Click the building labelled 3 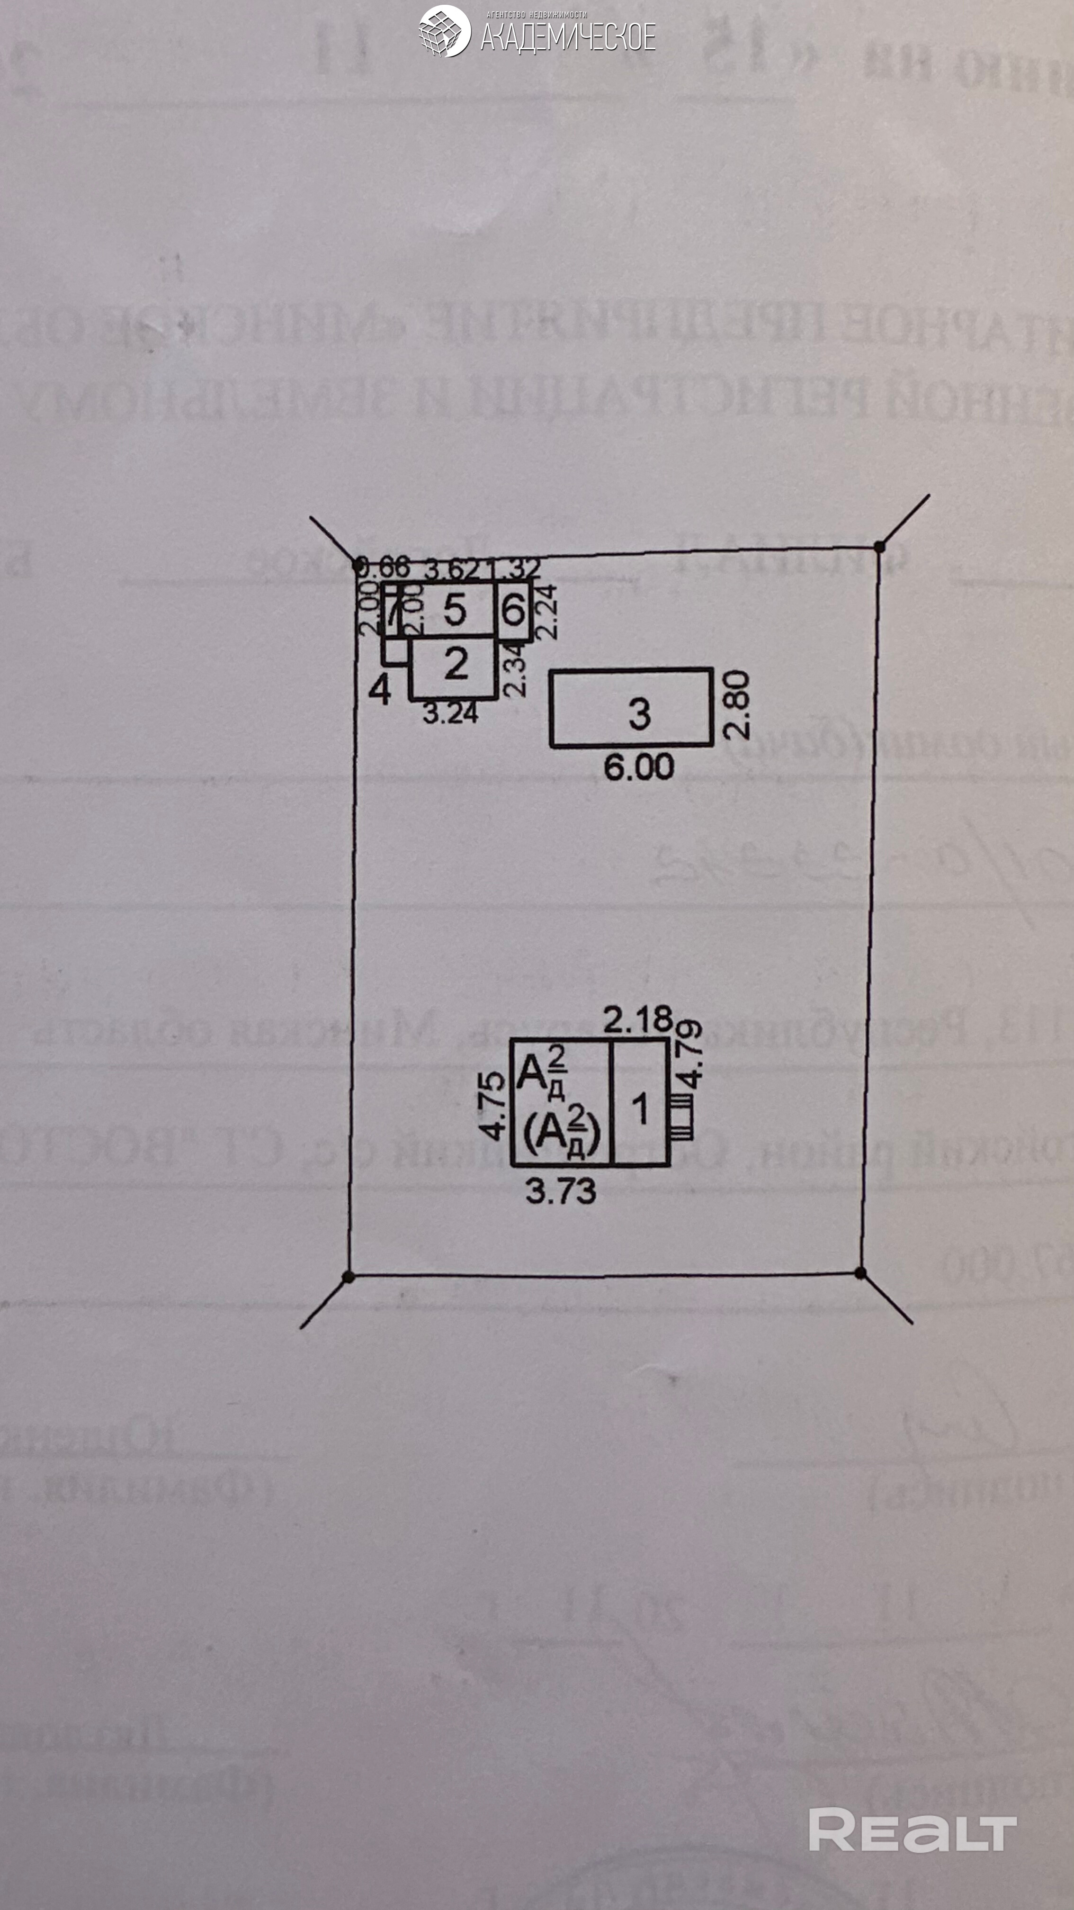coord(631,707)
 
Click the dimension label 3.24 coord(450,713)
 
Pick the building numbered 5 coord(454,610)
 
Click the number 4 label coord(379,690)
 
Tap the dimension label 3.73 coord(560,1191)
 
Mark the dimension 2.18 coord(637,1020)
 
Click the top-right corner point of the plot coord(879,547)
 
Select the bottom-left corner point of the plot coord(349,1276)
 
